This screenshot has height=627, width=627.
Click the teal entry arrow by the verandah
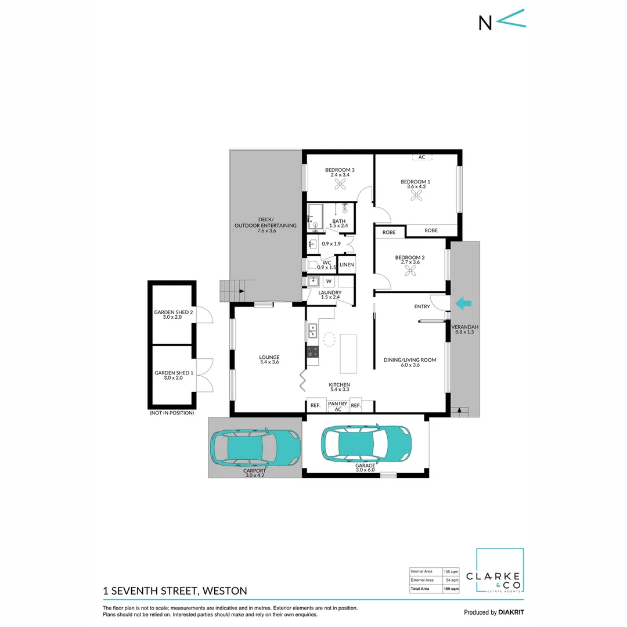[464, 302]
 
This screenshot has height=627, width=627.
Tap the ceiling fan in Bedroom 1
[416, 196]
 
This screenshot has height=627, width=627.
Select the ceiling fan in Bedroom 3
[340, 184]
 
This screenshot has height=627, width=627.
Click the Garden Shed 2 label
[173, 315]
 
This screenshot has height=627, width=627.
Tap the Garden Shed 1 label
[173, 376]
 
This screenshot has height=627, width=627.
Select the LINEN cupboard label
[347, 265]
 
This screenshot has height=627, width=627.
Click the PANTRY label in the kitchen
[337, 403]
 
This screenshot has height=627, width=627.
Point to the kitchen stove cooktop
[312, 351]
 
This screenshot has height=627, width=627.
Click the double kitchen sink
[312, 331]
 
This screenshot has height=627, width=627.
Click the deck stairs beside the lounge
[229, 290]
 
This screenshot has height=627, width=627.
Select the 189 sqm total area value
[451, 589]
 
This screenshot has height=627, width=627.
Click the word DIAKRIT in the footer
[511, 612]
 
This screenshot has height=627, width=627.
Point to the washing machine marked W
[328, 281]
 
